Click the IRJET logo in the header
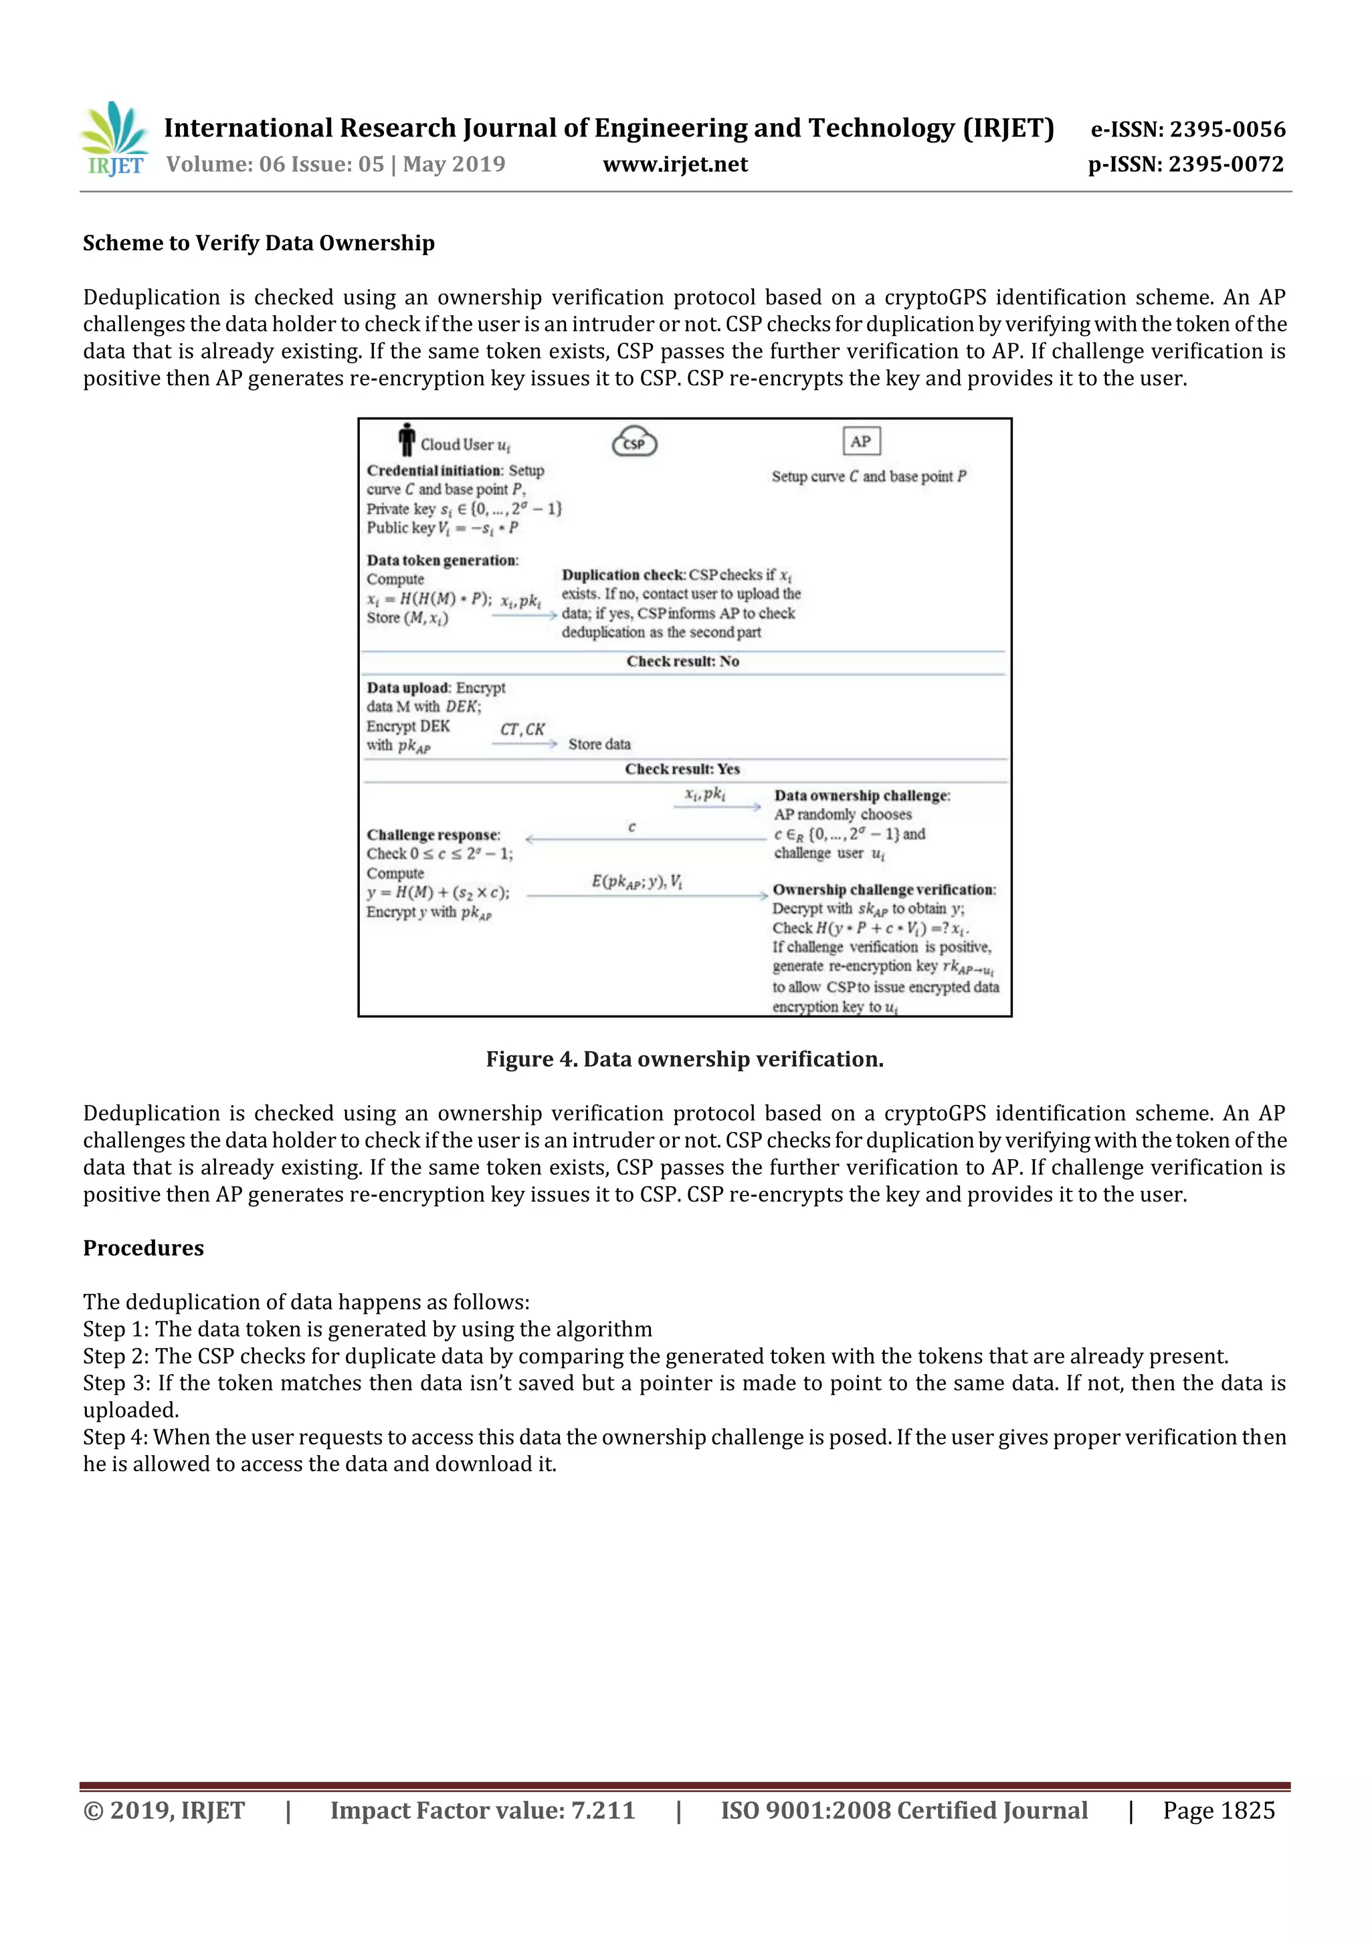[x=114, y=139]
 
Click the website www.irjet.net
[x=674, y=165]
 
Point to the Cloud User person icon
[x=407, y=440]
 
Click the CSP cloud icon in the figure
[x=634, y=442]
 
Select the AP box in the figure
[x=860, y=442]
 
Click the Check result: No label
[x=682, y=662]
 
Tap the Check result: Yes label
[x=682, y=769]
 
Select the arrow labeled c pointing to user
[x=646, y=839]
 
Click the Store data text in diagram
[x=599, y=745]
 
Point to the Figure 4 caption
[x=684, y=1060]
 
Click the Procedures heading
[x=144, y=1248]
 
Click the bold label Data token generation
[x=442, y=561]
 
